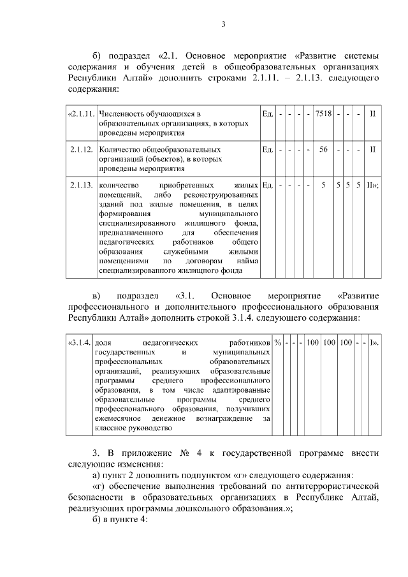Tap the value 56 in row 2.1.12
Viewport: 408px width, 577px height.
[323, 149]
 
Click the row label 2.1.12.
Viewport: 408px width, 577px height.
[82, 149]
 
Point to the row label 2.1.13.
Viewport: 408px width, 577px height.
[82, 185]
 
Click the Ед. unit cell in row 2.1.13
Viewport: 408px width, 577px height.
[267, 185]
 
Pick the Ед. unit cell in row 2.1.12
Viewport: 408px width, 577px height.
[267, 149]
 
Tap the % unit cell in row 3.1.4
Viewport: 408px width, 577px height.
[278, 343]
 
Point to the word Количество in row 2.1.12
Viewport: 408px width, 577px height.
[120, 149]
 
